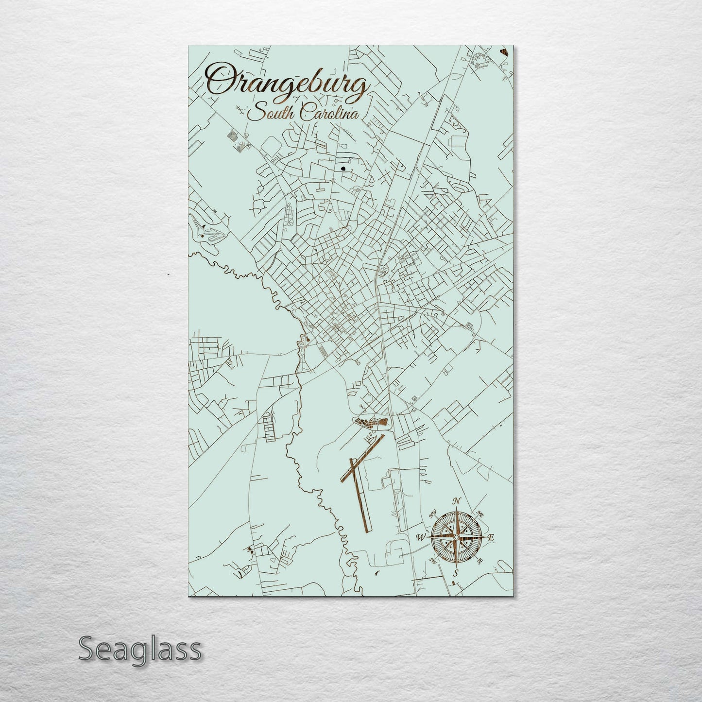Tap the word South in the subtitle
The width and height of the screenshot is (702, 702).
tap(266, 115)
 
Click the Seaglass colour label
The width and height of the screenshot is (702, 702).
tap(139, 649)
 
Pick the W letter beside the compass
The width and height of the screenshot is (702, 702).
tap(421, 537)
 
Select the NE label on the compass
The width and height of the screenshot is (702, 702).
tap(480, 514)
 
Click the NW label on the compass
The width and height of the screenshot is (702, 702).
tap(432, 514)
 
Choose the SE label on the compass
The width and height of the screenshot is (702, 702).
tap(480, 561)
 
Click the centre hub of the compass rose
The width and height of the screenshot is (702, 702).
tap(456, 537)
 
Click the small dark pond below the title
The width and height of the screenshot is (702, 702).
tap(344, 169)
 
